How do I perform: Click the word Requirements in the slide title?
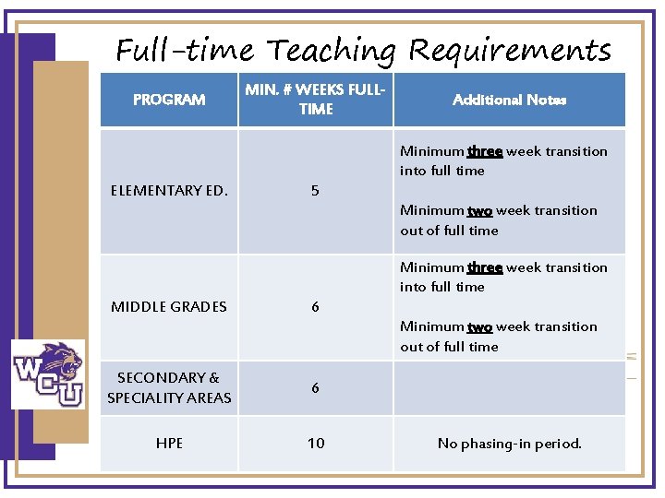[510, 50]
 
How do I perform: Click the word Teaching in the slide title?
[330, 52]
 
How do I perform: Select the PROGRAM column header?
[169, 100]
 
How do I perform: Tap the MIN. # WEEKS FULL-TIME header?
[315, 100]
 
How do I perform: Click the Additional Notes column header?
[509, 100]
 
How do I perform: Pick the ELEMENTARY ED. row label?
[169, 191]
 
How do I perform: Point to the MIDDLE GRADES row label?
[169, 307]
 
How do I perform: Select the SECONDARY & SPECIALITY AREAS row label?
[169, 387]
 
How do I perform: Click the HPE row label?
[169, 444]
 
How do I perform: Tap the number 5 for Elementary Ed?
[315, 191]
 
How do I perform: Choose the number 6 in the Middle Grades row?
[315, 307]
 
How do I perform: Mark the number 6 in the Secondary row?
[315, 388]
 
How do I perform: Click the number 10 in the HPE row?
[316, 444]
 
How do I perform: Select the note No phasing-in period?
[509, 444]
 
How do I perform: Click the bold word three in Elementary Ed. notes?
[485, 151]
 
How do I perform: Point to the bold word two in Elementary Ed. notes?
[479, 210]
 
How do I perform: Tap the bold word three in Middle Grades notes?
[485, 267]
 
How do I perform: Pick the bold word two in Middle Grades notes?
[479, 326]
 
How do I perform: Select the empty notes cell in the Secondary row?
[509, 388]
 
